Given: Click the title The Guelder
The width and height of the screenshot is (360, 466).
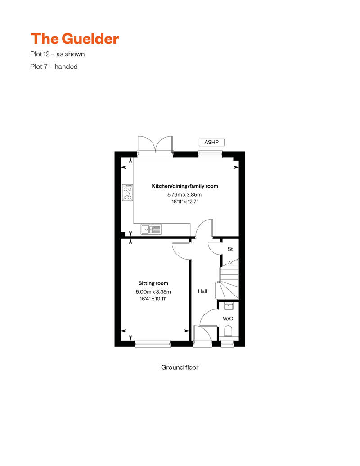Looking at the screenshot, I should pos(75,39).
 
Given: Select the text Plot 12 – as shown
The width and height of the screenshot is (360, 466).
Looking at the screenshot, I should pos(57,54).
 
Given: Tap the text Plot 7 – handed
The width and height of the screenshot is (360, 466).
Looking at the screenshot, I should pos(54,67).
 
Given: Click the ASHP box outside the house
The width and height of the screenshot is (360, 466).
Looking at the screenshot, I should pos(211,142).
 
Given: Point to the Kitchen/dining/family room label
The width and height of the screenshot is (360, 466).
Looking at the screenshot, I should pos(184,186).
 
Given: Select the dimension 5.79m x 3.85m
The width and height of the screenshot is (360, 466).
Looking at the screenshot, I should pos(184,194).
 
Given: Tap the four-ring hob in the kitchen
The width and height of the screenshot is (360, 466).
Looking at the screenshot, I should pos(128,193).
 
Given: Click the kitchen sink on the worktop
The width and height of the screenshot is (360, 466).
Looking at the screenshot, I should pos(151,229).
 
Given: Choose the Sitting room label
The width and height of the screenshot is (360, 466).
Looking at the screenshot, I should pos(153,283).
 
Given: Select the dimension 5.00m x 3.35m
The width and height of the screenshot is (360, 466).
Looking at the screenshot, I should pos(153,291).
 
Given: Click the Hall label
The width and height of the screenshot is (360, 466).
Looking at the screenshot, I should pos(202,291).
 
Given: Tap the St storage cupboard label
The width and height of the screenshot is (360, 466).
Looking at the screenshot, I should pos(230,249).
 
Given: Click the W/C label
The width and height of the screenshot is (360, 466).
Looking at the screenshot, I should pos(228,318).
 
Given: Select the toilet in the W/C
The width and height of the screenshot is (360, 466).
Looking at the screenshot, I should pos(228,332).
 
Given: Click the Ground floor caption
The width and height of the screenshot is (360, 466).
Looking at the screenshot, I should pos(180,367).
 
